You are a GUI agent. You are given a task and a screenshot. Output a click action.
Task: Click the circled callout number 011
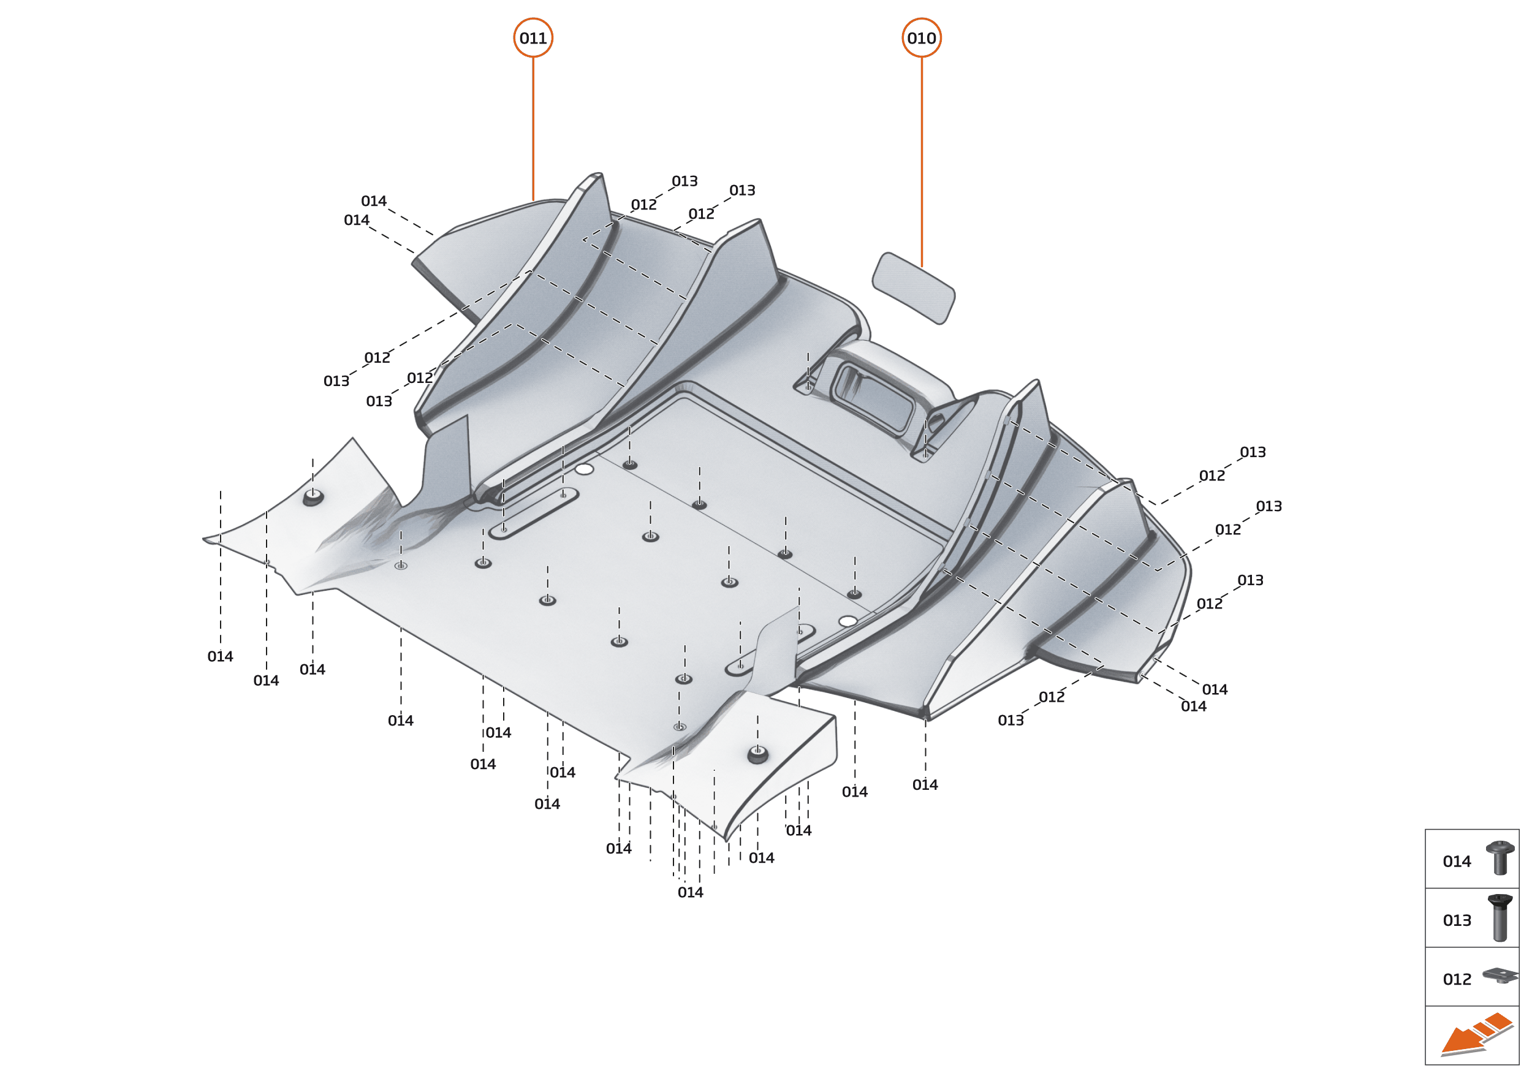[533, 38]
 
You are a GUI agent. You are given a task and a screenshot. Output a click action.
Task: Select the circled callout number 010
[921, 38]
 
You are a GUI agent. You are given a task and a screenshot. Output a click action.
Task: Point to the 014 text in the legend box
[1457, 862]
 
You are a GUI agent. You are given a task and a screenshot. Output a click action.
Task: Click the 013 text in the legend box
[1457, 920]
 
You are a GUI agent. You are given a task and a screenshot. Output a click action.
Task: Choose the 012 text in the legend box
[1457, 979]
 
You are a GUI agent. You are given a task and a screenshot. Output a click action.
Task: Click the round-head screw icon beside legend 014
[1500, 858]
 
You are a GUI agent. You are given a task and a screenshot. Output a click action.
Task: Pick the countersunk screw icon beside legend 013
[1500, 918]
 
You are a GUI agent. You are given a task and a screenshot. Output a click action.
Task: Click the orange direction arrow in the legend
[1475, 1035]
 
